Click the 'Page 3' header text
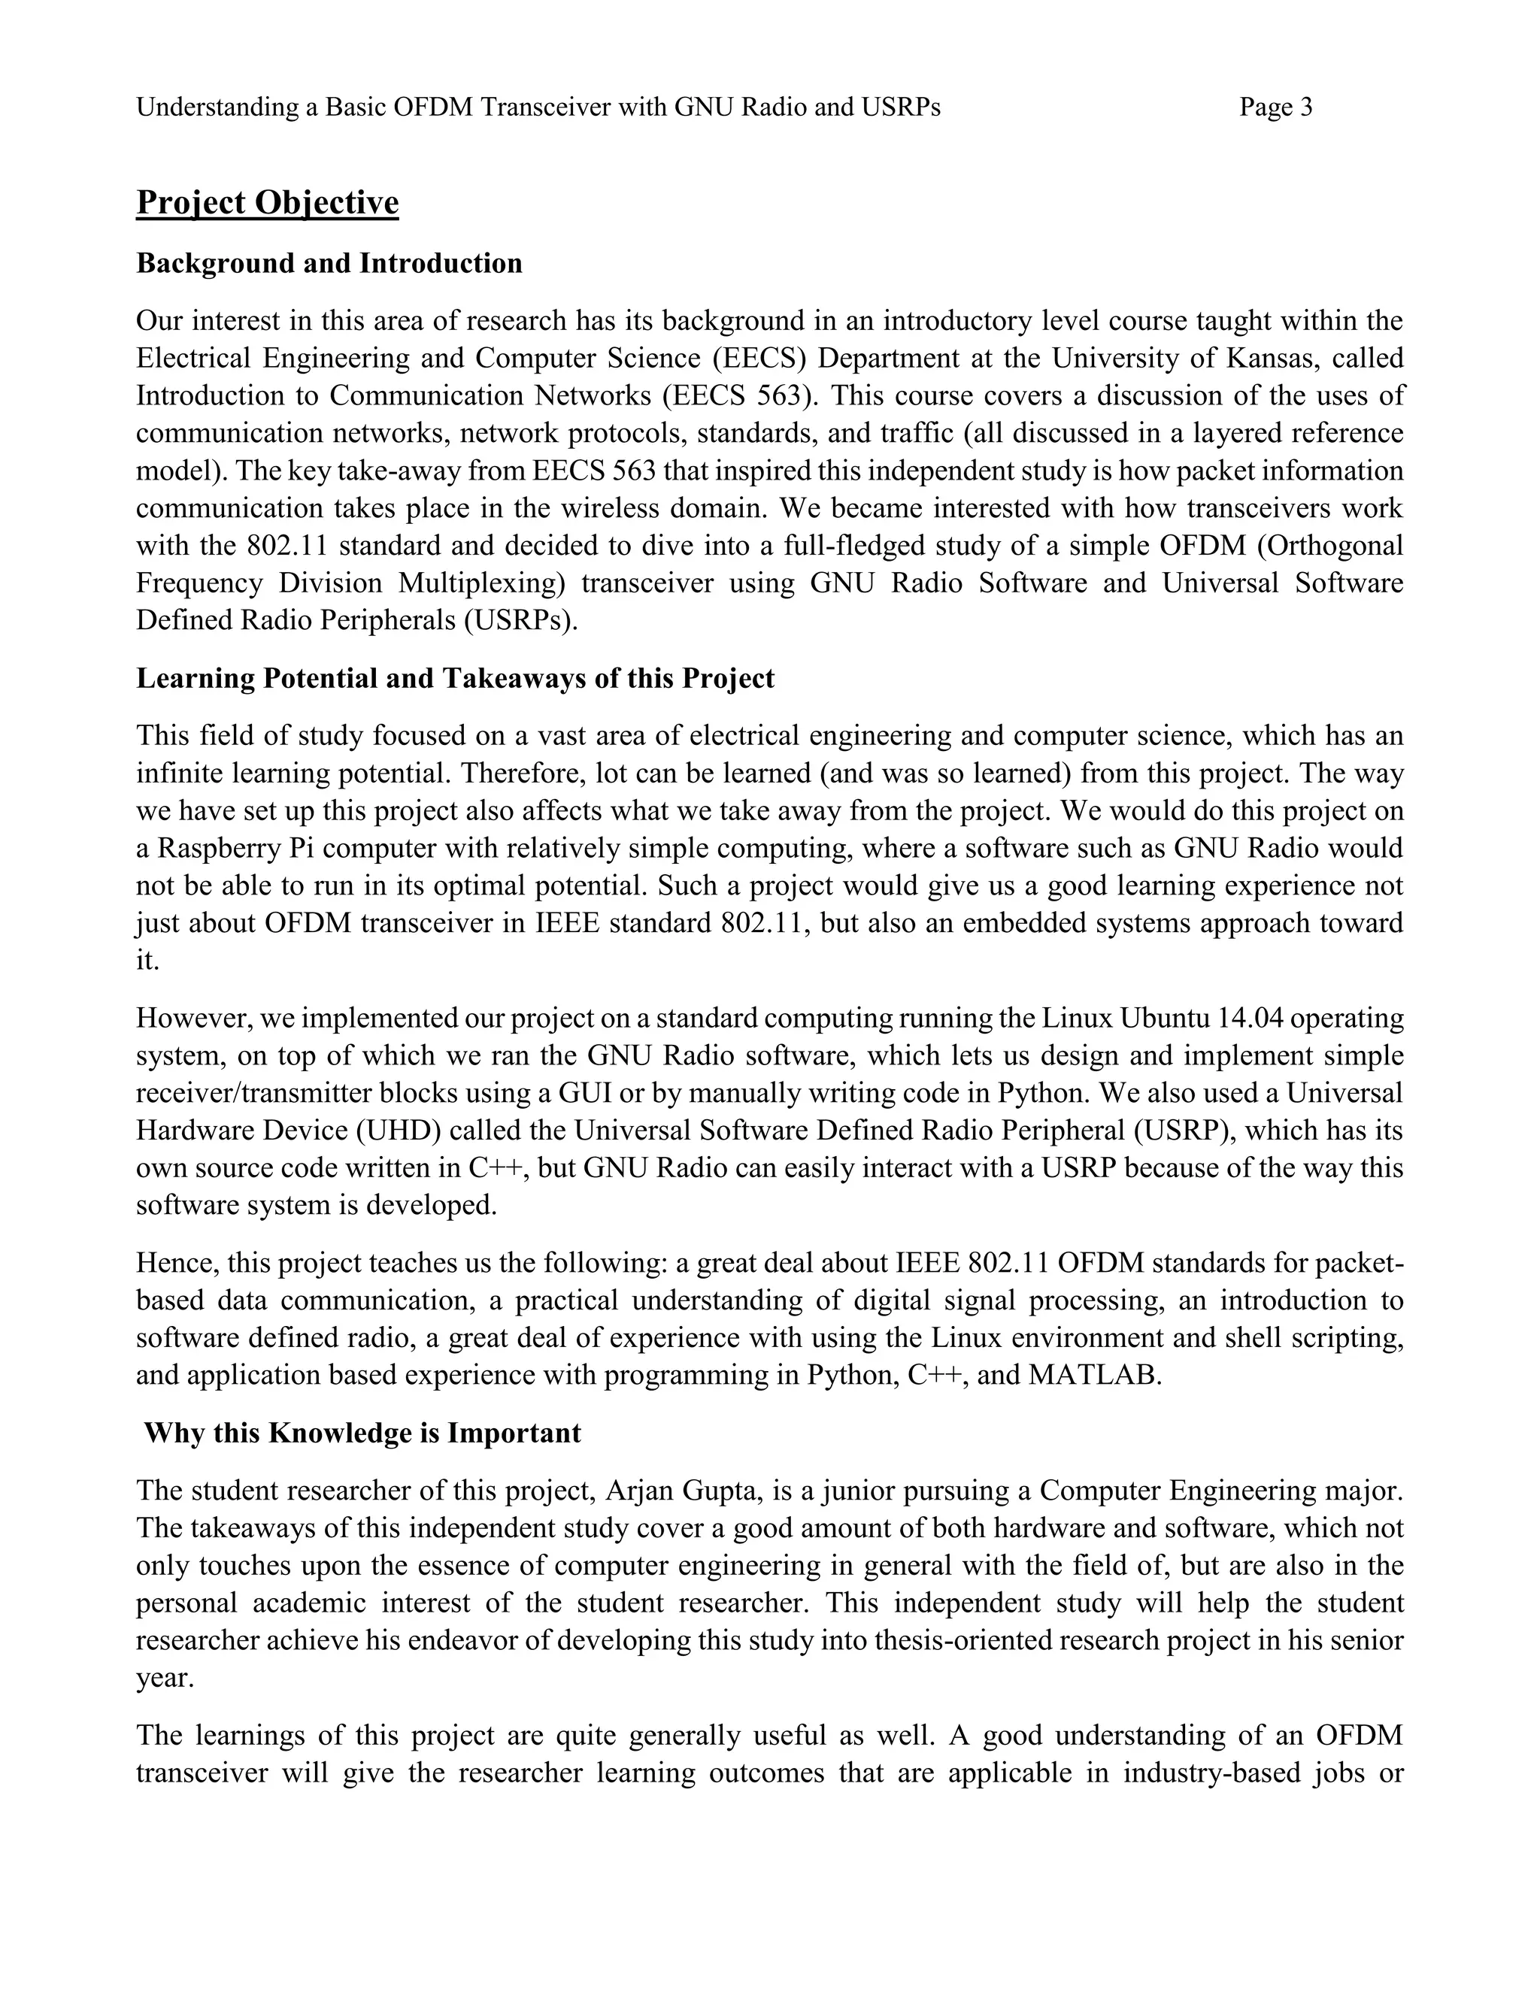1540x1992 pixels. point(1275,107)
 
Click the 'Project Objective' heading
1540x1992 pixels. point(267,202)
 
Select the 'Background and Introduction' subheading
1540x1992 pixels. point(329,264)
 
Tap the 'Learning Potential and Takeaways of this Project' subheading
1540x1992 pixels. point(455,679)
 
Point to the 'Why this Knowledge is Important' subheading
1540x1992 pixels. point(362,1433)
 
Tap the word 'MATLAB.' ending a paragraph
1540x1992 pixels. point(1095,1376)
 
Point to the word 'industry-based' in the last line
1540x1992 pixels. point(1209,1774)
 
